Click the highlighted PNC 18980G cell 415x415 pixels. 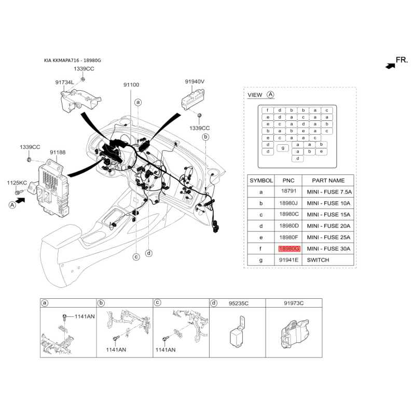tap(289, 249)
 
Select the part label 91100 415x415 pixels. tap(131, 85)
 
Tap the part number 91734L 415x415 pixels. tap(64, 82)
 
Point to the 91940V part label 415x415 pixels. tap(195, 81)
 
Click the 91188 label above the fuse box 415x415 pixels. tap(58, 152)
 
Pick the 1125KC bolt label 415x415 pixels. tap(17, 183)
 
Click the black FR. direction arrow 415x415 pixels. tap(391, 66)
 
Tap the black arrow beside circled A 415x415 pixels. tap(20, 201)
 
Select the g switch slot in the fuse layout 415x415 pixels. tap(283, 148)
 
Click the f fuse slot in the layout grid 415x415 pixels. tap(268, 110)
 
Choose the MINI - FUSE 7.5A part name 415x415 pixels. tap(329, 192)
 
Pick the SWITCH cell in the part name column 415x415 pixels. tap(318, 260)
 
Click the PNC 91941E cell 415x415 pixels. tap(288, 260)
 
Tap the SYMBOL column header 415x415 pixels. tap(261, 181)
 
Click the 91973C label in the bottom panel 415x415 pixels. tap(294, 303)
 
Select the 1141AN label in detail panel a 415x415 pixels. tap(85, 316)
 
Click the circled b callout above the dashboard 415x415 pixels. tap(205, 137)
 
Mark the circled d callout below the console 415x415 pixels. tap(149, 253)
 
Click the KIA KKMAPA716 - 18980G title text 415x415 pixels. tap(72, 60)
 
